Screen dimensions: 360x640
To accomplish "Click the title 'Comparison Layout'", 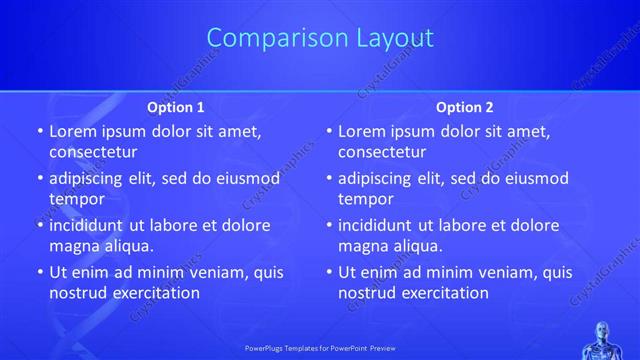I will click(320, 38).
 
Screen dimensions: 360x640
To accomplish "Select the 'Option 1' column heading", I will click(176, 107).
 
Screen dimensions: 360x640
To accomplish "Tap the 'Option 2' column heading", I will click(465, 107).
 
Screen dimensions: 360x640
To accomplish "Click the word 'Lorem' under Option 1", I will click(71, 131).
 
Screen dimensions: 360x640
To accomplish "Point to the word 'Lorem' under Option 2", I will click(360, 131).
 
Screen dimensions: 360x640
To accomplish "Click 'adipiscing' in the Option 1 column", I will click(89, 178).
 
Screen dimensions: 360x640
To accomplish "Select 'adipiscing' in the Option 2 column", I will click(378, 178).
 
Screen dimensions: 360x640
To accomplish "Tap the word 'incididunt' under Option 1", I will click(89, 225).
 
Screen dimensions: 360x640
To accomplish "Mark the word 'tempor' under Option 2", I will click(364, 199).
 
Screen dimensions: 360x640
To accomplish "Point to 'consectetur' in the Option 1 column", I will click(93, 152).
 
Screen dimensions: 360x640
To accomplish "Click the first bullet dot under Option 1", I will click(40, 132).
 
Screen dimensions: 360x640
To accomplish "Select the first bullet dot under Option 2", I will click(329, 132).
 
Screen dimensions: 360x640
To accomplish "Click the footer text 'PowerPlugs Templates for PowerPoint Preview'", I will click(320, 349).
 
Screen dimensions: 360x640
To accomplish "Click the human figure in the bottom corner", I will click(605, 339).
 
